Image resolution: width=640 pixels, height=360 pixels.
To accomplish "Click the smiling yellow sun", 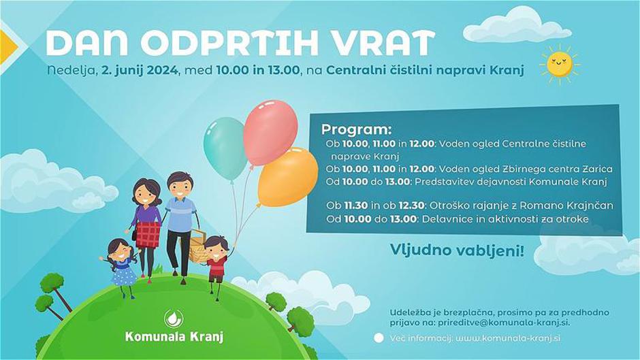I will coord(560,65).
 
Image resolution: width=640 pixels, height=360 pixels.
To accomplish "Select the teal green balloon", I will coord(225,148).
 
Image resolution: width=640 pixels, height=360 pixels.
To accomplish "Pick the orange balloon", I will coord(287,177).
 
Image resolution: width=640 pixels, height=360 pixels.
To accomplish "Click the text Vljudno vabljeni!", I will coord(457,250).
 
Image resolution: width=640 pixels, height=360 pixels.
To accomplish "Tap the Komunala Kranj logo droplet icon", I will coord(174,318).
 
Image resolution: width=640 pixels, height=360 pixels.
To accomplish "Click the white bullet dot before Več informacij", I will coord(379,338).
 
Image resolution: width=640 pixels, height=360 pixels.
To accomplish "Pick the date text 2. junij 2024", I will coord(139,70).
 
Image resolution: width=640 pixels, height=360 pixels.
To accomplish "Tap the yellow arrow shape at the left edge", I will coord(7,46).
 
